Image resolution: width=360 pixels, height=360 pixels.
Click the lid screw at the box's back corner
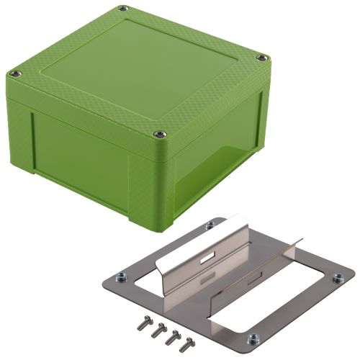click(x=123, y=9)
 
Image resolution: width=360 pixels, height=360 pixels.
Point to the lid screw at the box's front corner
click(x=159, y=133)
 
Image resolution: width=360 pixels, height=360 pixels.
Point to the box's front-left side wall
click(x=79, y=155)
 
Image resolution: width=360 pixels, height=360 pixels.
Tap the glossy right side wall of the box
click(x=223, y=155)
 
